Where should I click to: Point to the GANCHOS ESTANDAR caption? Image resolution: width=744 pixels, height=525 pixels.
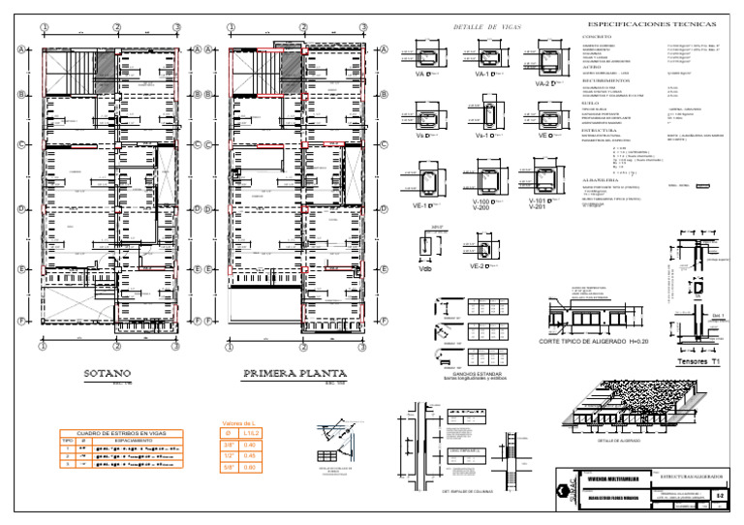pyautogui.click(x=470, y=374)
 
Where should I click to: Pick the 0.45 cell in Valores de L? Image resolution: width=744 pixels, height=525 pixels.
pyautogui.click(x=250, y=455)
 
